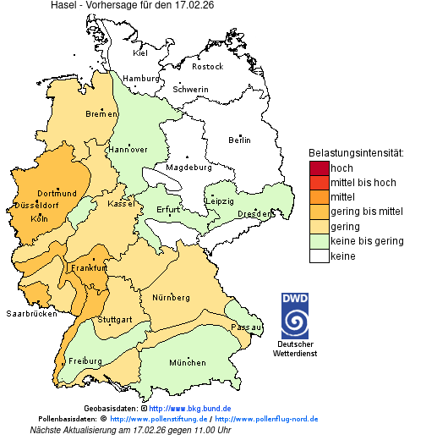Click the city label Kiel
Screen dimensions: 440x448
(140, 53)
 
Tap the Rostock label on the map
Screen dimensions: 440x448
(207, 66)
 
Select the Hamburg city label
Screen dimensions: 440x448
(141, 79)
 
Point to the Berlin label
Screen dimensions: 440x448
(239, 140)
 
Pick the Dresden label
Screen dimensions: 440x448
(254, 214)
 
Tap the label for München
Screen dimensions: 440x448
(187, 363)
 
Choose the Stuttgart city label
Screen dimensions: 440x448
(114, 320)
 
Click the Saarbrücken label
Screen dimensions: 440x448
(31, 313)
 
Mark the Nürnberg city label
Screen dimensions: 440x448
(171, 298)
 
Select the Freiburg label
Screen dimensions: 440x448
(85, 361)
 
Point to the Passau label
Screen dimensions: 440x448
(246, 326)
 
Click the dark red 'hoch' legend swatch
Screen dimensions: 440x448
(319, 168)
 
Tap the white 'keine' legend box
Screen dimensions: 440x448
(319, 256)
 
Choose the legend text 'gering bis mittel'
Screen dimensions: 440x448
(366, 212)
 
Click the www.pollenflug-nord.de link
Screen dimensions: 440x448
(266, 419)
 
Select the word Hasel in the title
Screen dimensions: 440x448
(64, 6)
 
